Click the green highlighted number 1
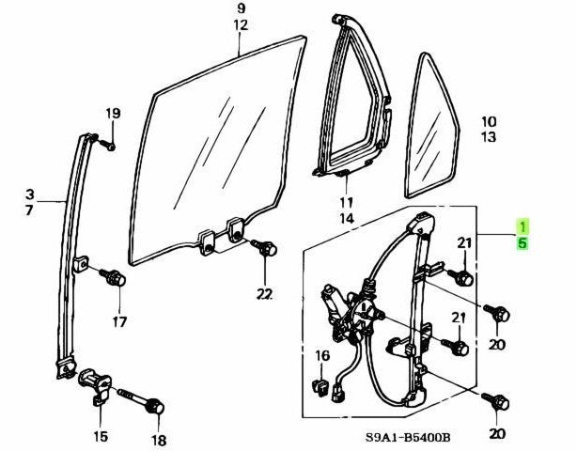pos(522,226)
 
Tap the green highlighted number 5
pos(522,242)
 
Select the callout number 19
pos(113,114)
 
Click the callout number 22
pos(265,294)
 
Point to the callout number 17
pos(120,322)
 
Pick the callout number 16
pos(322,356)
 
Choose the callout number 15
pos(101,436)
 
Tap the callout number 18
pos(159,440)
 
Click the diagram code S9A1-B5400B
pos(408,438)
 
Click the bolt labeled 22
pos(265,247)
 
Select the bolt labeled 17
pos(114,276)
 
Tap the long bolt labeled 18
pos(142,402)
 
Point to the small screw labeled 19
pos(106,144)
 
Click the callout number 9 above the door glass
pos(241,8)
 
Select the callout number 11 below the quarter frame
pos(346,202)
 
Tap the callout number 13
pos(489,137)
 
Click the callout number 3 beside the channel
pos(30,194)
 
